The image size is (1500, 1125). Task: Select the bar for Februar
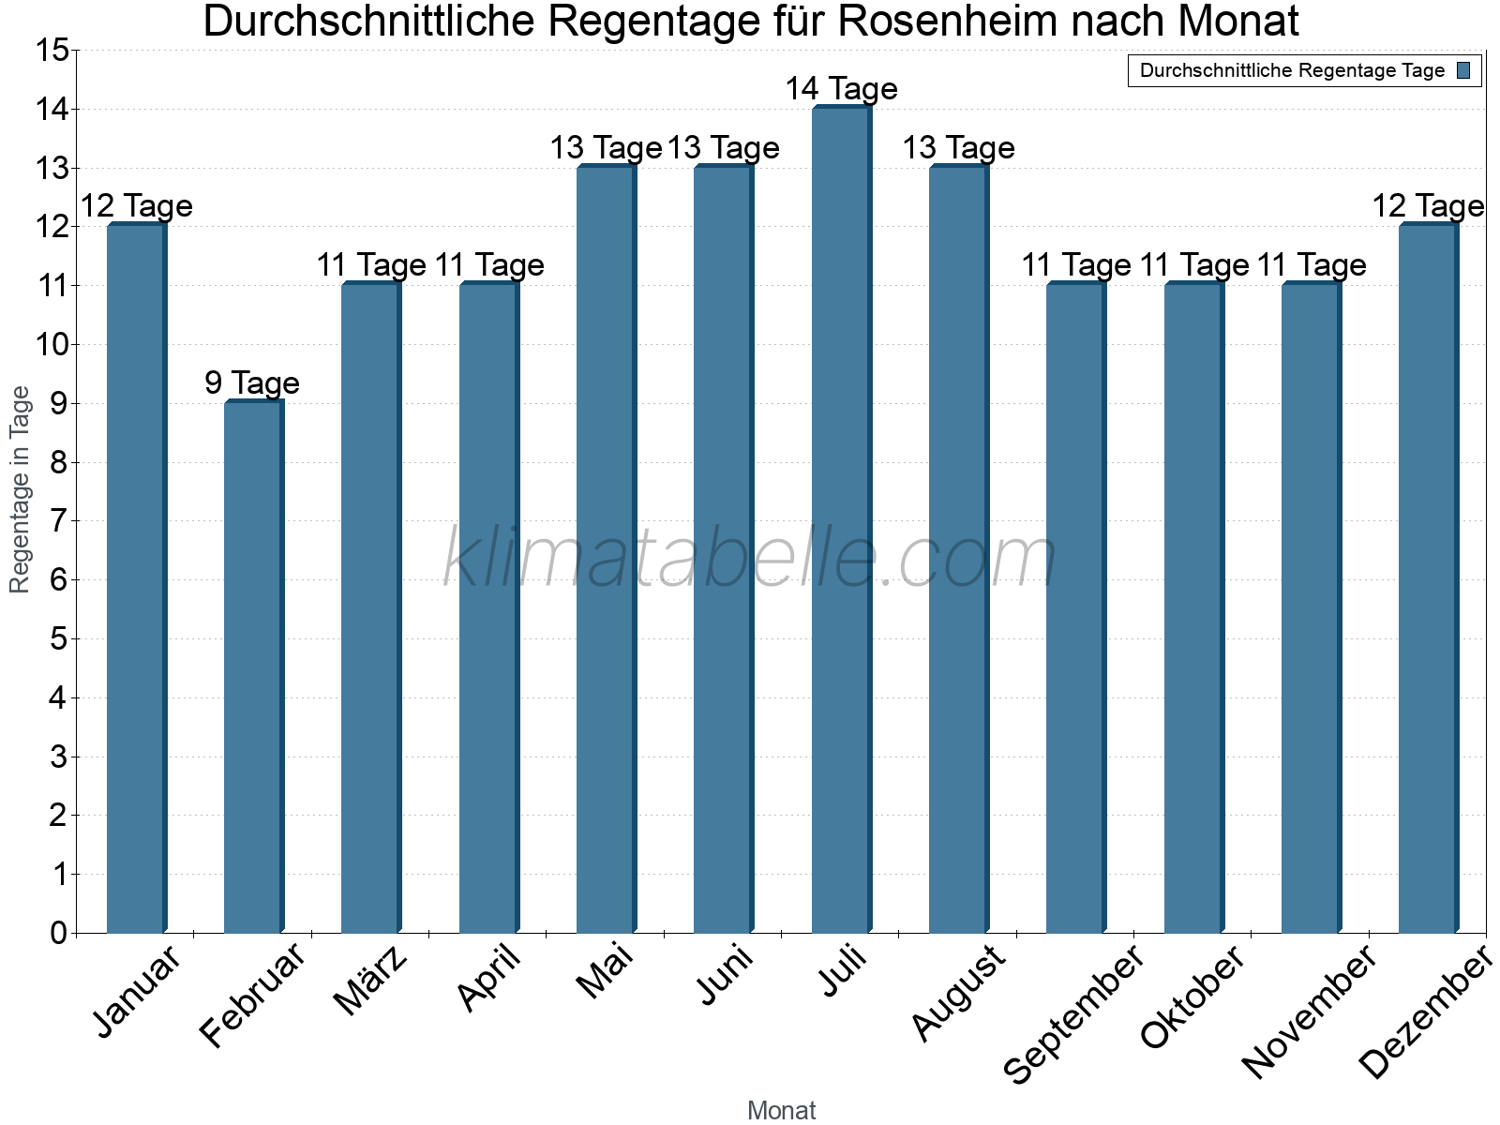pos(253,667)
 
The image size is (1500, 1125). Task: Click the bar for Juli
pos(841,520)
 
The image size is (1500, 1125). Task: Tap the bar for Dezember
pos(1428,578)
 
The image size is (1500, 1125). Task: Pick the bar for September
pos(1075,608)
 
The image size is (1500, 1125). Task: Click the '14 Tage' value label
pos(841,89)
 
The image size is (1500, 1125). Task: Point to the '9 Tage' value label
pos(252,383)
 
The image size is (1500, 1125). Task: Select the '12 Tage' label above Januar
pos(137,206)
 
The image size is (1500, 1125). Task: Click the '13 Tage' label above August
pos(958,148)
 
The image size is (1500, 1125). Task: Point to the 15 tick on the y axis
pos(52,51)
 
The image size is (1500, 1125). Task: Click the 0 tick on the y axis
pos(59,934)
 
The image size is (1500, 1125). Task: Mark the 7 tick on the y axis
pos(59,521)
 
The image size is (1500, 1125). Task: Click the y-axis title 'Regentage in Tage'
pos(20,489)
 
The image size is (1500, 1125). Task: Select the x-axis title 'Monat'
pos(781,1111)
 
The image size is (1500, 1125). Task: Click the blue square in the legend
pos(1463,70)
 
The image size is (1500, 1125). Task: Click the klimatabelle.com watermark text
pos(750,559)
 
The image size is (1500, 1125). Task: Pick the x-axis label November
pos(1310,1012)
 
